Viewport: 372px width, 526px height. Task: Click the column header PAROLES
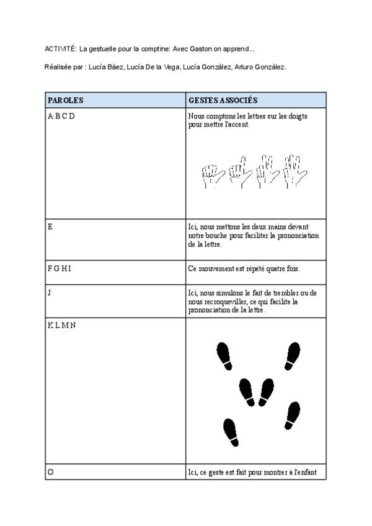click(66, 100)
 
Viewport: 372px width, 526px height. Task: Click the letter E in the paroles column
click(50, 226)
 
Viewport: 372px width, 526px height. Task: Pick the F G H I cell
click(60, 269)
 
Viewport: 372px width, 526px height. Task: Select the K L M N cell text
click(62, 326)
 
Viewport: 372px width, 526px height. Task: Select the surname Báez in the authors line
click(113, 67)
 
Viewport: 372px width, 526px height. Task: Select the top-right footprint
click(293, 354)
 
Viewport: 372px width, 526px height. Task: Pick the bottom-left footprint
click(231, 432)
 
